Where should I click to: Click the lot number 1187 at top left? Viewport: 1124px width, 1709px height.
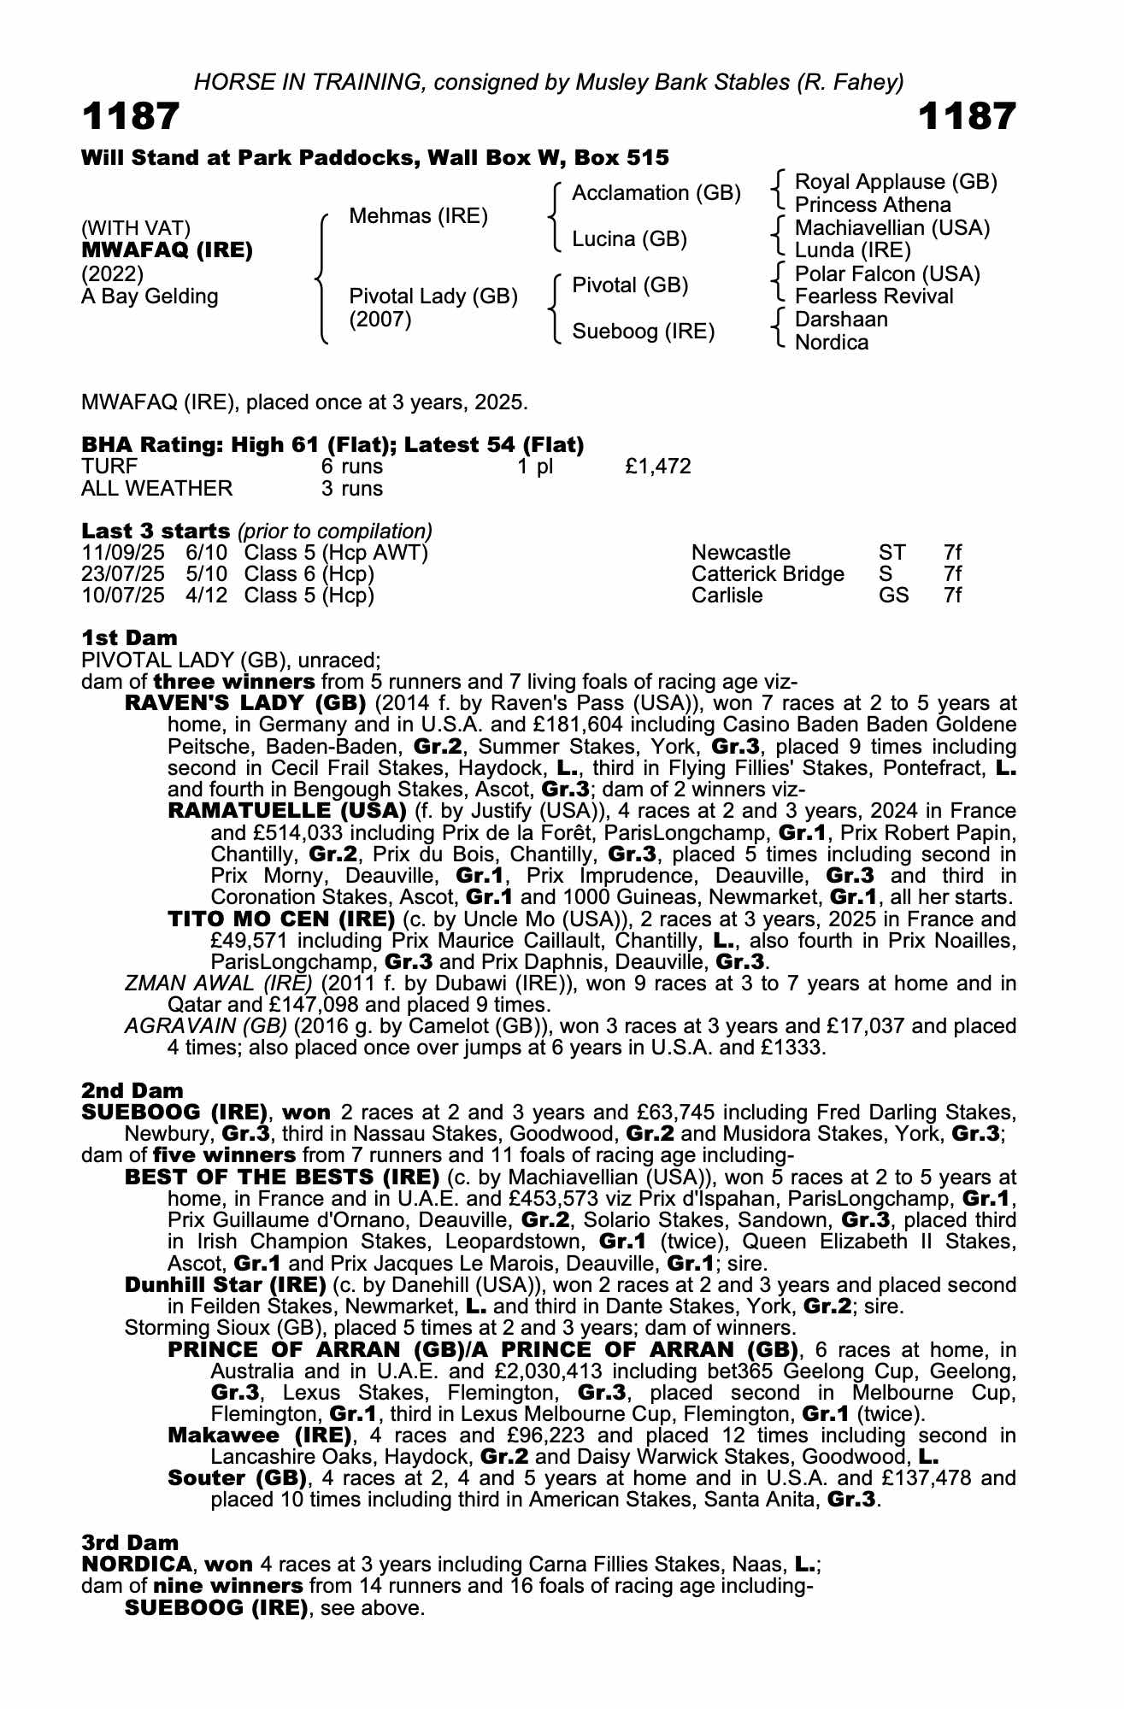131,116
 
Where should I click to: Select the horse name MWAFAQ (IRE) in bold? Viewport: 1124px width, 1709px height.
167,251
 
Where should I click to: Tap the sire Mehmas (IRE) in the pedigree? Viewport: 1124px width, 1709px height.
419,216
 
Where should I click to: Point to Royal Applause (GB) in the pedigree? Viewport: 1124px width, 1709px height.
896,182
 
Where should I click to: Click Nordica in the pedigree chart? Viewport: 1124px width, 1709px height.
832,343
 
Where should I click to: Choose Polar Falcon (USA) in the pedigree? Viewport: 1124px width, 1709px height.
887,274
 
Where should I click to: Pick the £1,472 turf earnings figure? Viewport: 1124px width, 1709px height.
658,467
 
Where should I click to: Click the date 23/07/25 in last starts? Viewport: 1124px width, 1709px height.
123,574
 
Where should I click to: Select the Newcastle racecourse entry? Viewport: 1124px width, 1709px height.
741,553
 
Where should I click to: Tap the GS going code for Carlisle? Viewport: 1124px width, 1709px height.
893,596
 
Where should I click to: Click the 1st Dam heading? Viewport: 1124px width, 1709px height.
130,638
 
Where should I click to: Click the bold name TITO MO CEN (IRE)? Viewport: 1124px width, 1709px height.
281,919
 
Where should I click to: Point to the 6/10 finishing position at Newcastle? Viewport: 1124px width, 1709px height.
206,553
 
